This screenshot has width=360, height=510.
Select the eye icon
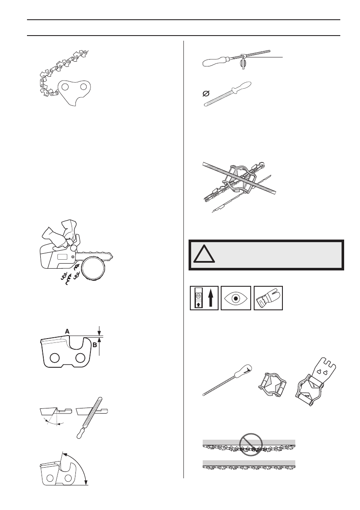click(x=237, y=297)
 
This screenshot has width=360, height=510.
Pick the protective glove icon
click(x=269, y=297)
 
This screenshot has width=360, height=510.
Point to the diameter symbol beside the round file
click(x=206, y=93)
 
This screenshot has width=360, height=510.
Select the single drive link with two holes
click(x=77, y=91)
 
